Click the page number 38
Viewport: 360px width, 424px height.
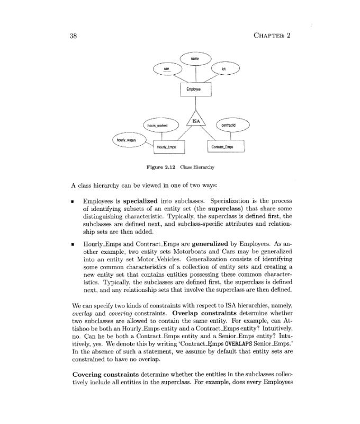point(74,36)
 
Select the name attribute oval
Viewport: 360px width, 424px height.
point(195,58)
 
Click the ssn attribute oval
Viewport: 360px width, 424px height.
point(166,70)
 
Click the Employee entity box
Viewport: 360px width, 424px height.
point(195,90)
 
